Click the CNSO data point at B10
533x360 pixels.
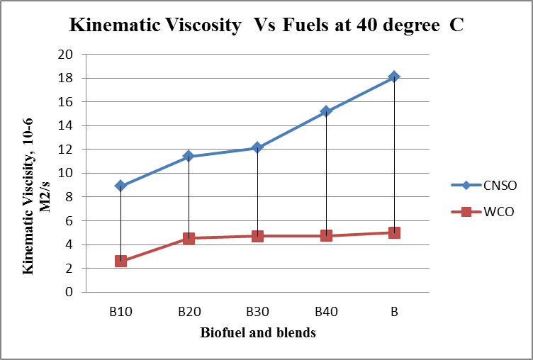120,186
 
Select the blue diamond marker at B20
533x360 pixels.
189,156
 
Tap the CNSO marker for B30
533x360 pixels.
257,147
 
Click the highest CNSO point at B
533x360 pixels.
394,77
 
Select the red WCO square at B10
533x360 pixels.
120,261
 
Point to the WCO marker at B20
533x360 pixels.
189,238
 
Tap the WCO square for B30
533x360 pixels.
257,236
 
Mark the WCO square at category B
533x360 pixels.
394,232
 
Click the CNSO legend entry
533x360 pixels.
484,186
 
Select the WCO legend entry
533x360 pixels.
484,212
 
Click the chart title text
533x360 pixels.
266,27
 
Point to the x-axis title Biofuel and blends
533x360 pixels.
257,332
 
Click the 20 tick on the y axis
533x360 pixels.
67,55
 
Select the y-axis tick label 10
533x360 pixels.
67,174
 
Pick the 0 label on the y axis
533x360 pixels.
69,292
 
